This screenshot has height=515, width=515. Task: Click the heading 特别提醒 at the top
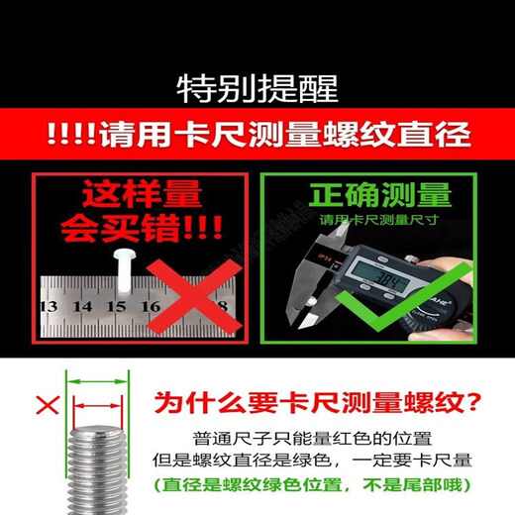click(257, 89)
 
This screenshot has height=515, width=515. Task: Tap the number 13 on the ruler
click(47, 306)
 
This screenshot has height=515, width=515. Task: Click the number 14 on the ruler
click(81, 306)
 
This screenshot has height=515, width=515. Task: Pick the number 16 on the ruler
click(150, 306)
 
